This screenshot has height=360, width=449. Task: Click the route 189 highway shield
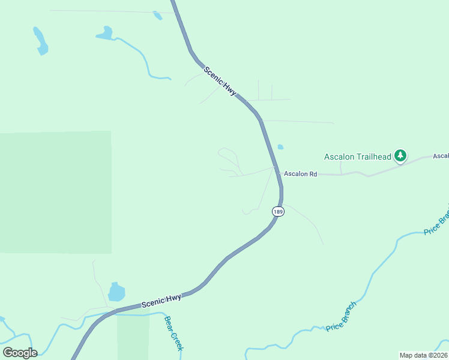(277, 212)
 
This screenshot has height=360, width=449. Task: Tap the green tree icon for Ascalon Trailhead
(400, 157)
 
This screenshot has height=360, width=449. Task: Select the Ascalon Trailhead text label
(357, 157)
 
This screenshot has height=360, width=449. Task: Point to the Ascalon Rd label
(300, 174)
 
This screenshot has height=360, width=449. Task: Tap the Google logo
(20, 353)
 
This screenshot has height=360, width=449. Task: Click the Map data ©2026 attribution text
(423, 355)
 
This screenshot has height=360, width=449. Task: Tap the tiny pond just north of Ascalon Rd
(280, 146)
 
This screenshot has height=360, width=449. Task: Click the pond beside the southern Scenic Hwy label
(116, 292)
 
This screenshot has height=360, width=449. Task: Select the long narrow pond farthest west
(40, 41)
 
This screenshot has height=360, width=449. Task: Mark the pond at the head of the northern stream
(105, 34)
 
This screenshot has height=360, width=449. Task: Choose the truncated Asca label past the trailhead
(441, 156)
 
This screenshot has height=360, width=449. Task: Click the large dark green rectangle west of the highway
(55, 192)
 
